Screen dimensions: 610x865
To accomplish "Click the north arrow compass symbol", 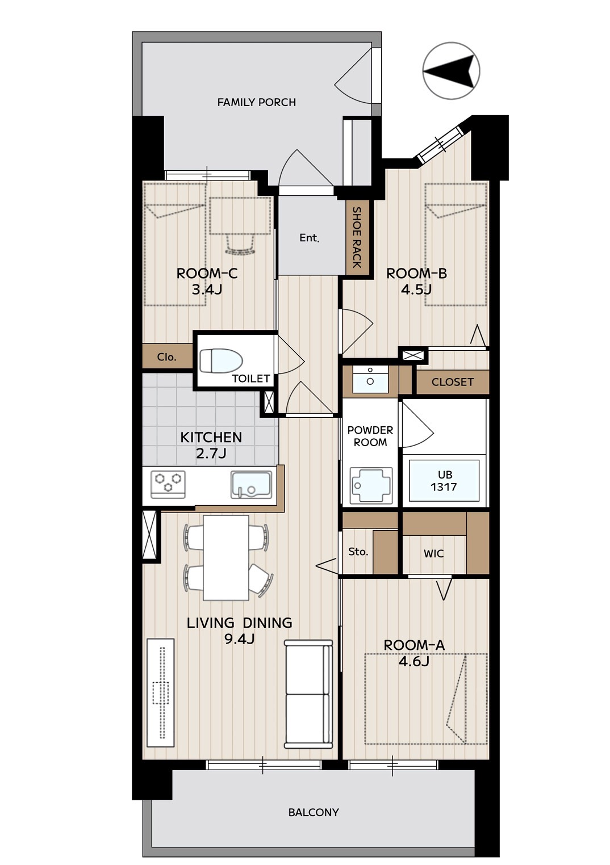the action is [x=451, y=71].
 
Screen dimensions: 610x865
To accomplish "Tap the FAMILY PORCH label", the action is [x=257, y=102].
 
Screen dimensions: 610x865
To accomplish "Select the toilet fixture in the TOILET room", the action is [x=221, y=360].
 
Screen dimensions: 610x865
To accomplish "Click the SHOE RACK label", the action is [x=357, y=237].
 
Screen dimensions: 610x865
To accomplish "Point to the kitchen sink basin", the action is [x=251, y=485].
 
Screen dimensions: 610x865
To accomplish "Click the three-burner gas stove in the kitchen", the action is [x=168, y=484].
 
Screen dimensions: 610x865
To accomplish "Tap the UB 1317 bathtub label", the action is [x=444, y=481].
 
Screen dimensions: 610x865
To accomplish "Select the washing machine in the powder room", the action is [x=371, y=485].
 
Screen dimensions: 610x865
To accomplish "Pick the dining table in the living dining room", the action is [x=226, y=557].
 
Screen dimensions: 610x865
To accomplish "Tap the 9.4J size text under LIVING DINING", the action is [x=239, y=640].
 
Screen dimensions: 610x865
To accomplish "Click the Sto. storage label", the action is [x=358, y=552].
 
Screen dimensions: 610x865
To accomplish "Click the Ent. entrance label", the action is [x=309, y=238].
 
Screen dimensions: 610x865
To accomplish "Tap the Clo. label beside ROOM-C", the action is [x=166, y=357].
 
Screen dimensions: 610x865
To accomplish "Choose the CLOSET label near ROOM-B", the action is [x=452, y=383].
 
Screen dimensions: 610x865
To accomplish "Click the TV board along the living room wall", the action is [x=161, y=692].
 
